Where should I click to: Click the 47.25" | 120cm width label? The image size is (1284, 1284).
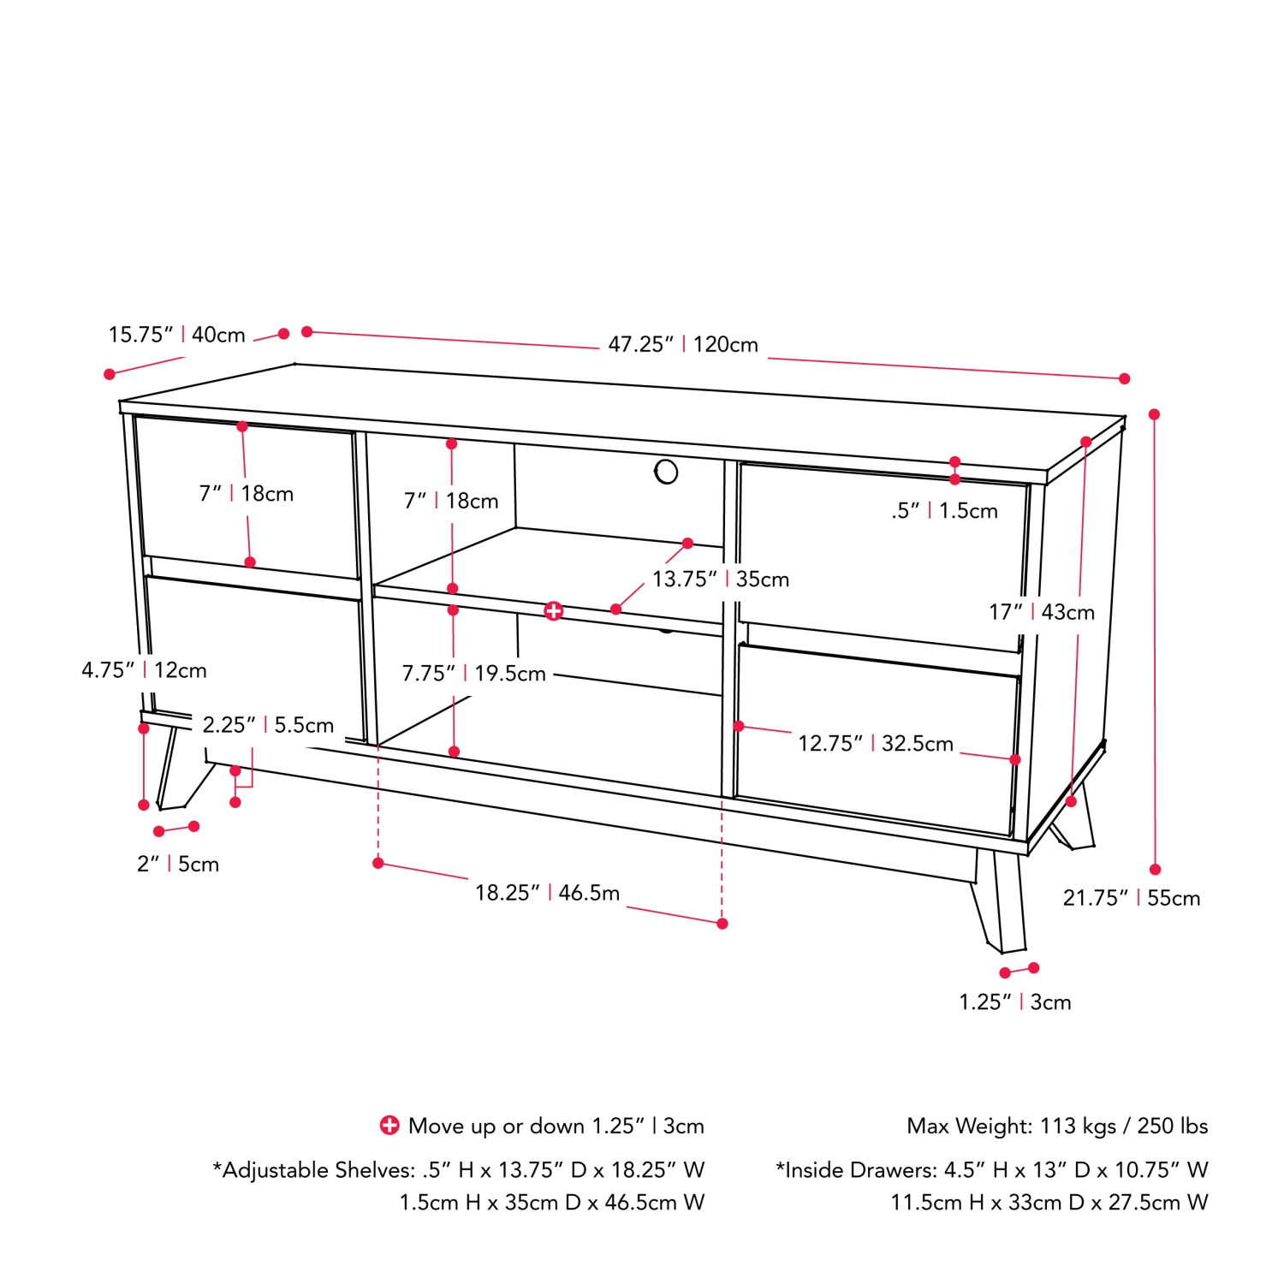(683, 344)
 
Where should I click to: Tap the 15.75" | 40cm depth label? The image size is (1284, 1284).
(176, 335)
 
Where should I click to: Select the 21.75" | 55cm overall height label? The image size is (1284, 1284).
(1131, 898)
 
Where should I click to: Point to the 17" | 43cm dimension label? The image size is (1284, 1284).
(1041, 612)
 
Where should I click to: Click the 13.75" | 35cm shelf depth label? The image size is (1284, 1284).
(720, 580)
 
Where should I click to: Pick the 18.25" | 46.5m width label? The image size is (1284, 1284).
(547, 893)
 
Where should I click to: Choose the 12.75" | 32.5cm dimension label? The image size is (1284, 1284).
(875, 744)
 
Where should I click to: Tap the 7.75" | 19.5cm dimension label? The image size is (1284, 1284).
(473, 674)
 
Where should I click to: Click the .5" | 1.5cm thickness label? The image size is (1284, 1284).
(944, 511)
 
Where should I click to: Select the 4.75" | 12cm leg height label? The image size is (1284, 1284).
(144, 670)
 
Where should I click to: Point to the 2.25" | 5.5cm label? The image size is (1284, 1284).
(268, 725)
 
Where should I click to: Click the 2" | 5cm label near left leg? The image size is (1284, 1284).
(178, 865)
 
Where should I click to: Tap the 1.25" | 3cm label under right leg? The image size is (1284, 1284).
(1014, 1002)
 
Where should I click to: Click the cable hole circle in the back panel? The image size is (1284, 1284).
(666, 472)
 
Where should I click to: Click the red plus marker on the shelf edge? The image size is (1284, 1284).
(554, 610)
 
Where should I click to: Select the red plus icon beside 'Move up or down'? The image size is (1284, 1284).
(389, 1126)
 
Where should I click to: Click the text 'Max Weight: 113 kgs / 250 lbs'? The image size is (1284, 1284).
(1056, 1126)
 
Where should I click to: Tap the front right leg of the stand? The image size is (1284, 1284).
(1000, 903)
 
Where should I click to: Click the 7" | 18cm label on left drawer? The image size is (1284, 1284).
(246, 494)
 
